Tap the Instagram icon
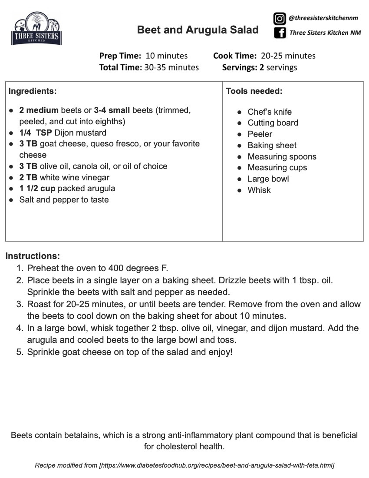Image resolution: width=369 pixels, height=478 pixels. pos(279,19)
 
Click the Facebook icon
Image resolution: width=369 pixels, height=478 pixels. pos(280,33)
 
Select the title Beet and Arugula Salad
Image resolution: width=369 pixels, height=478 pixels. pos(198,30)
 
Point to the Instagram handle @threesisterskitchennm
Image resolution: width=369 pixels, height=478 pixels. pos(323,18)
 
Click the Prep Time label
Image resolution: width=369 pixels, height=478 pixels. pos(120,56)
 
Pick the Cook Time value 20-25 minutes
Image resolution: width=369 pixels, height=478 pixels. pos(288,56)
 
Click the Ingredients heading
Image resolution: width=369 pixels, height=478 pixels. pos(33,91)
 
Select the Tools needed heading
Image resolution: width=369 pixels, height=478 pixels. pos(254,91)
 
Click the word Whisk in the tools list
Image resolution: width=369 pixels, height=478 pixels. pos(259,190)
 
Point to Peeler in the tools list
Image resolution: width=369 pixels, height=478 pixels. pos(260,134)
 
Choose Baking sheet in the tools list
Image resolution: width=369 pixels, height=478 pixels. pos(272,145)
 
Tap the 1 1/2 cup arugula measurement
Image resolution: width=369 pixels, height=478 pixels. pos(37,189)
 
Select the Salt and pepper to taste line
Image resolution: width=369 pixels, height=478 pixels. pos(64,200)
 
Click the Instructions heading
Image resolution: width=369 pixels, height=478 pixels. pos(33,256)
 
